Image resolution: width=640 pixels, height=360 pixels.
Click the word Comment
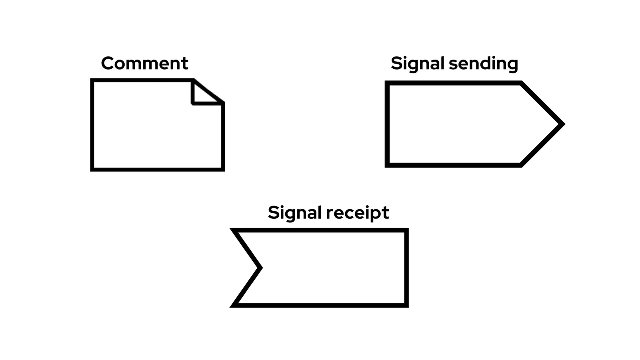144,63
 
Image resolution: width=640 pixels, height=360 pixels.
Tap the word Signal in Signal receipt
294,213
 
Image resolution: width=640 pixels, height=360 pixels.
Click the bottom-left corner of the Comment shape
92,169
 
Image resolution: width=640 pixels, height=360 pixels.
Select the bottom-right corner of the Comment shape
223,169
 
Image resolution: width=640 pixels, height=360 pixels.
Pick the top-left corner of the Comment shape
92,80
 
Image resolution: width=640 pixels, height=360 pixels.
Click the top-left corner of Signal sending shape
387,83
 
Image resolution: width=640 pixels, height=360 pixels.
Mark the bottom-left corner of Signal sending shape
387,165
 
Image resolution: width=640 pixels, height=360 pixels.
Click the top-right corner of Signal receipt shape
406,230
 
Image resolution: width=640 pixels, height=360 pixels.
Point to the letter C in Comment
108,63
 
